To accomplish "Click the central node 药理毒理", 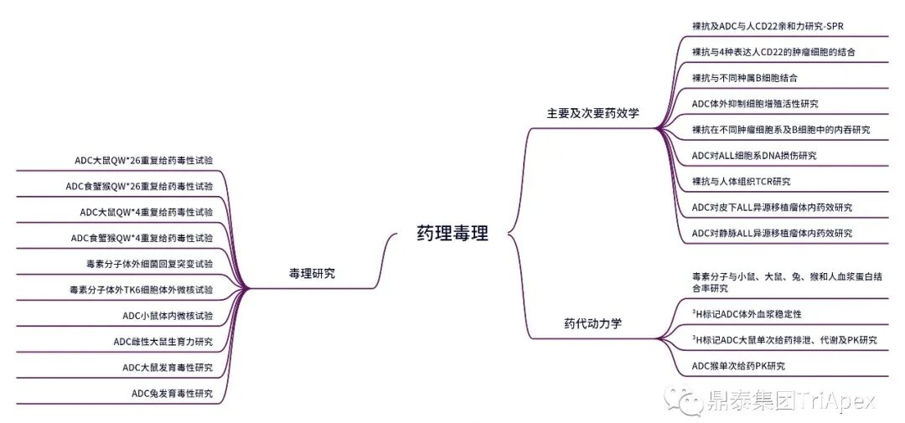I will (452, 234).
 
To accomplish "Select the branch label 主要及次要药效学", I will (592, 113).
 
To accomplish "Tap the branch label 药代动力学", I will (592, 322).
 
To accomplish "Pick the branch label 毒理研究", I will (312, 272).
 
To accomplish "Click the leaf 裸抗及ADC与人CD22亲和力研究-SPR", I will (768, 26).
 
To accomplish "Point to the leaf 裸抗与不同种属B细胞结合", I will (744, 78).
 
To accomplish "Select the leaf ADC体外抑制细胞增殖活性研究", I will (755, 104).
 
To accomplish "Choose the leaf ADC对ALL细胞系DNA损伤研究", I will (753, 156).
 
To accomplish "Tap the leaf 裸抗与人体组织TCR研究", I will (741, 182).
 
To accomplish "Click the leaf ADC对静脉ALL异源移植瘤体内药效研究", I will (772, 234).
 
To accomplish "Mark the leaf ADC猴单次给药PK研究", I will (738, 365).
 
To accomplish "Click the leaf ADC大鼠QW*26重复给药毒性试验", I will (143, 160).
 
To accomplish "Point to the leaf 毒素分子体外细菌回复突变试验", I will (143, 264).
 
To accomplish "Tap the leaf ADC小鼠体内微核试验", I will (168, 316).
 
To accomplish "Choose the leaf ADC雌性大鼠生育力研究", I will (163, 342).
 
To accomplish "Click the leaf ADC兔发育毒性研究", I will (172, 394).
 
